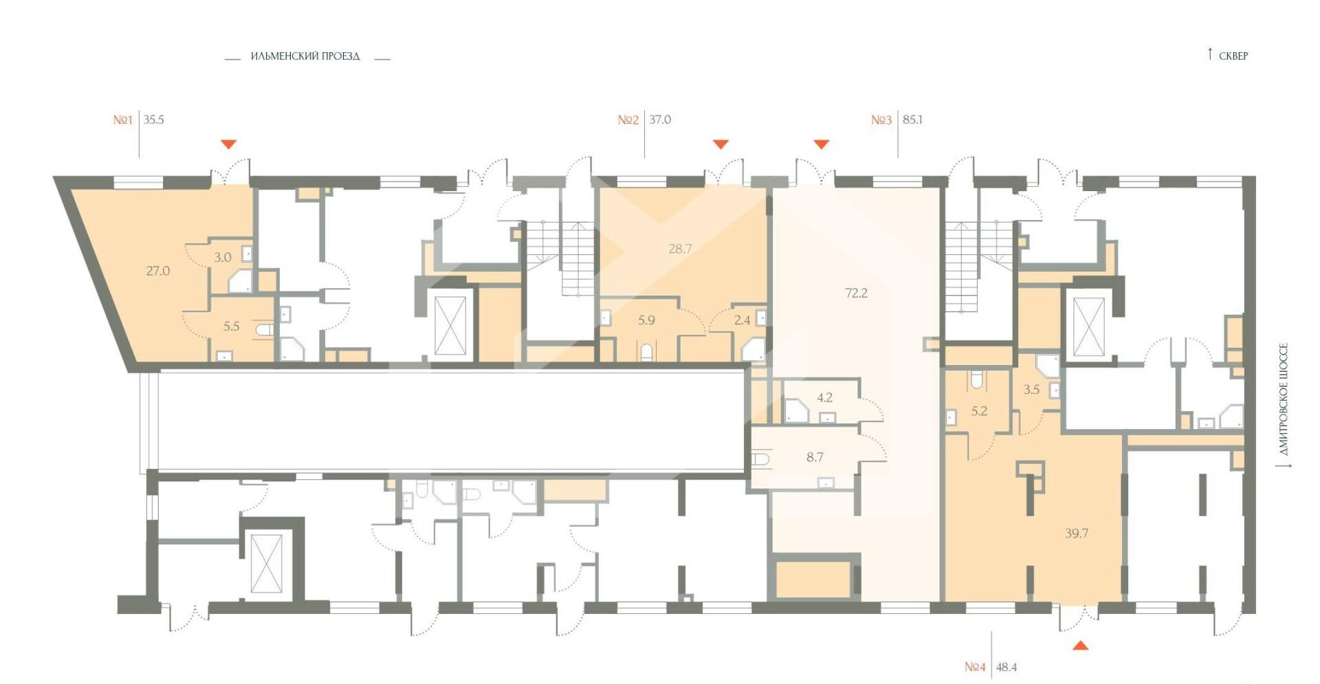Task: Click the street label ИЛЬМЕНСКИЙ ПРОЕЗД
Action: [x=305, y=56]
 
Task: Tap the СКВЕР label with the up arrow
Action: [x=1228, y=55]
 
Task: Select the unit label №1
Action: [x=123, y=120]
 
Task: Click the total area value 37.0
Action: [x=660, y=120]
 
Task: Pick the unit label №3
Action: [x=881, y=120]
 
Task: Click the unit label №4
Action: [x=975, y=667]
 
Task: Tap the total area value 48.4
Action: [x=1006, y=667]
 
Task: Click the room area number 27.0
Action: [x=158, y=271]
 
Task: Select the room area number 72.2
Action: [x=857, y=293]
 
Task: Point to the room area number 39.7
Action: [x=1077, y=533]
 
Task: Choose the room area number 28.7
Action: [x=680, y=249]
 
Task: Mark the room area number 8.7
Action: [x=815, y=457]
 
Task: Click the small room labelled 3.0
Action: [x=223, y=258]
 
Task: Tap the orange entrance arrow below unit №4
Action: [x=1081, y=645]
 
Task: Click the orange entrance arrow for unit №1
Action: [x=229, y=144]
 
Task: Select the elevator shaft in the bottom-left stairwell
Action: [x=266, y=562]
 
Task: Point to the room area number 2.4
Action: [x=742, y=320]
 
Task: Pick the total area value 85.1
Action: [x=912, y=120]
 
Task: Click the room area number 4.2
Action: [x=824, y=397]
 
